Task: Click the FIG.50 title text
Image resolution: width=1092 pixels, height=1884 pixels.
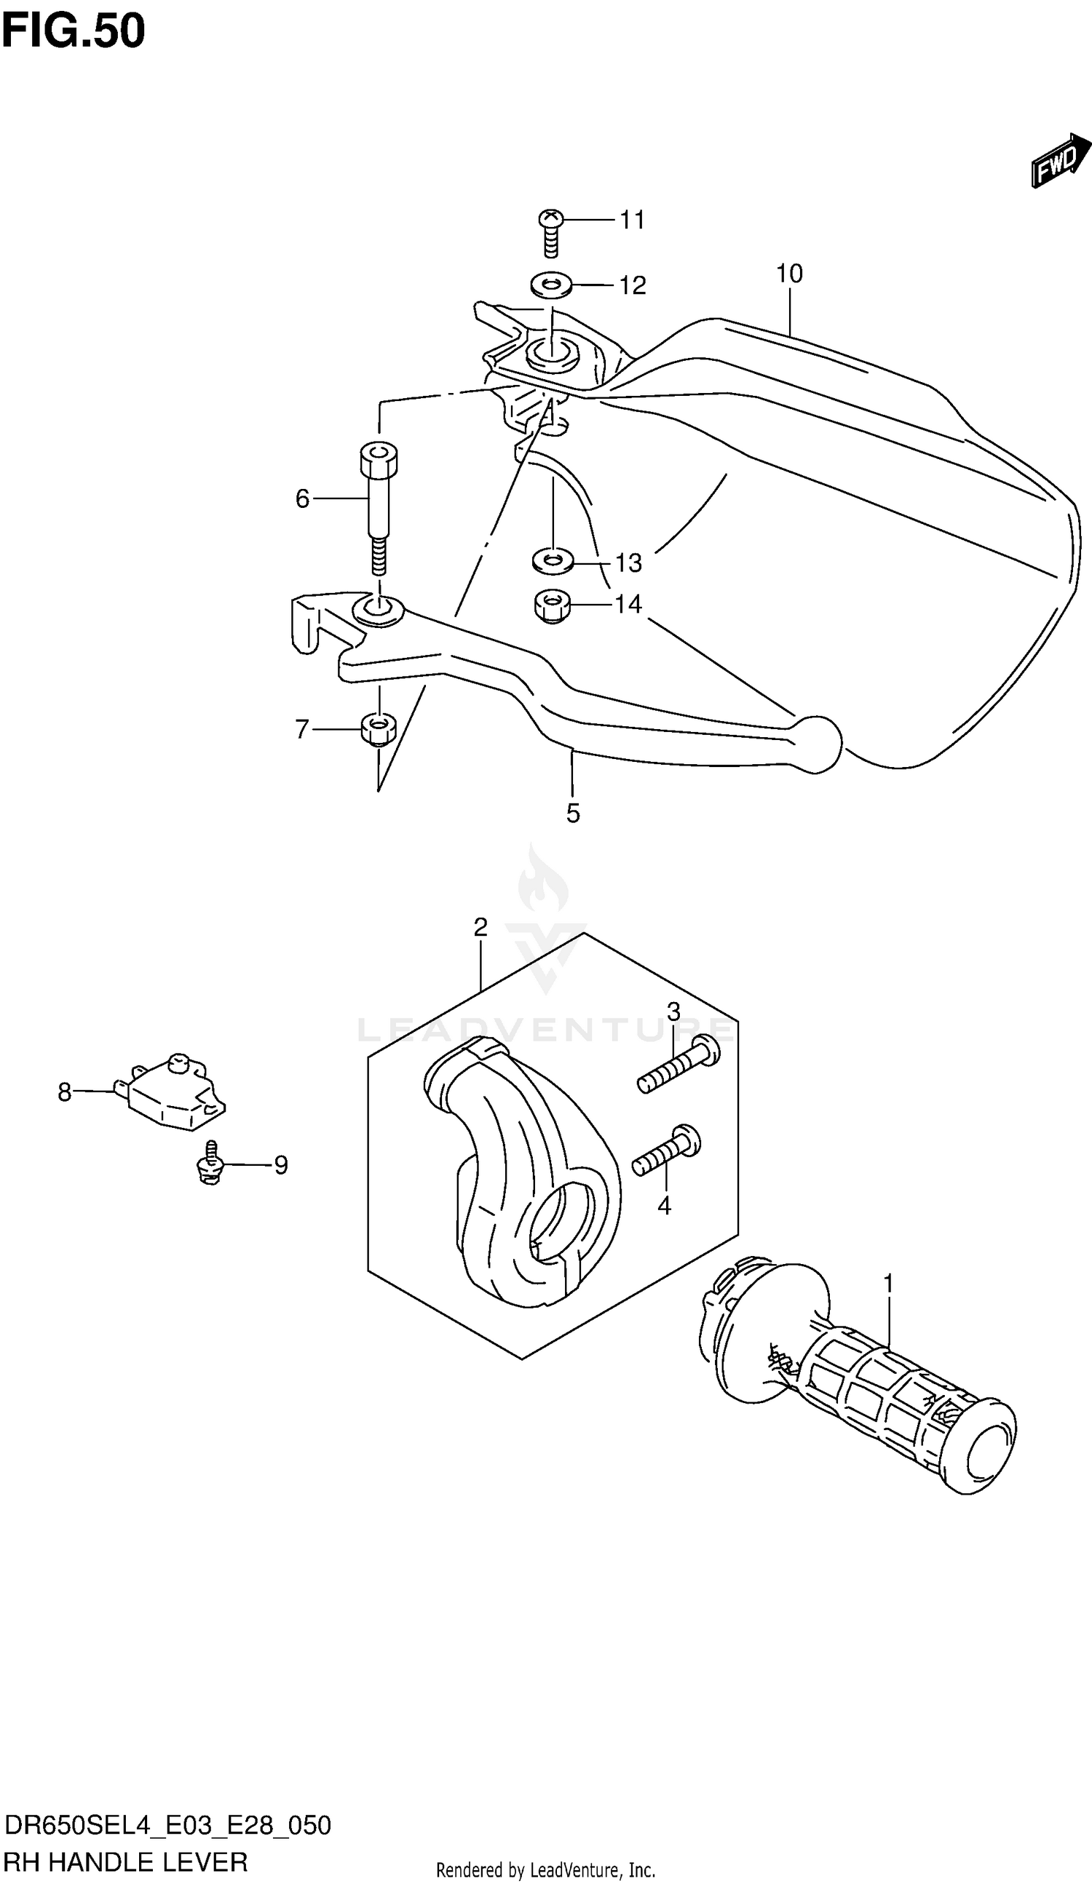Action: click(73, 31)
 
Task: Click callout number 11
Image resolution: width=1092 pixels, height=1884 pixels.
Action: click(632, 220)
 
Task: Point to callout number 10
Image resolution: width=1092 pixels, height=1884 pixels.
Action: click(789, 274)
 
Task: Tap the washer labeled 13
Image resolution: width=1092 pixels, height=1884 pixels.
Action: click(552, 560)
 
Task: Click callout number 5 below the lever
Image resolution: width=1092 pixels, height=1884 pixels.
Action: click(573, 814)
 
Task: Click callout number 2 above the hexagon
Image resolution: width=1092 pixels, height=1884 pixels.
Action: click(480, 928)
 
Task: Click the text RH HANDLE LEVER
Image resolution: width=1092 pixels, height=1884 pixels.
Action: click(125, 1861)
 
